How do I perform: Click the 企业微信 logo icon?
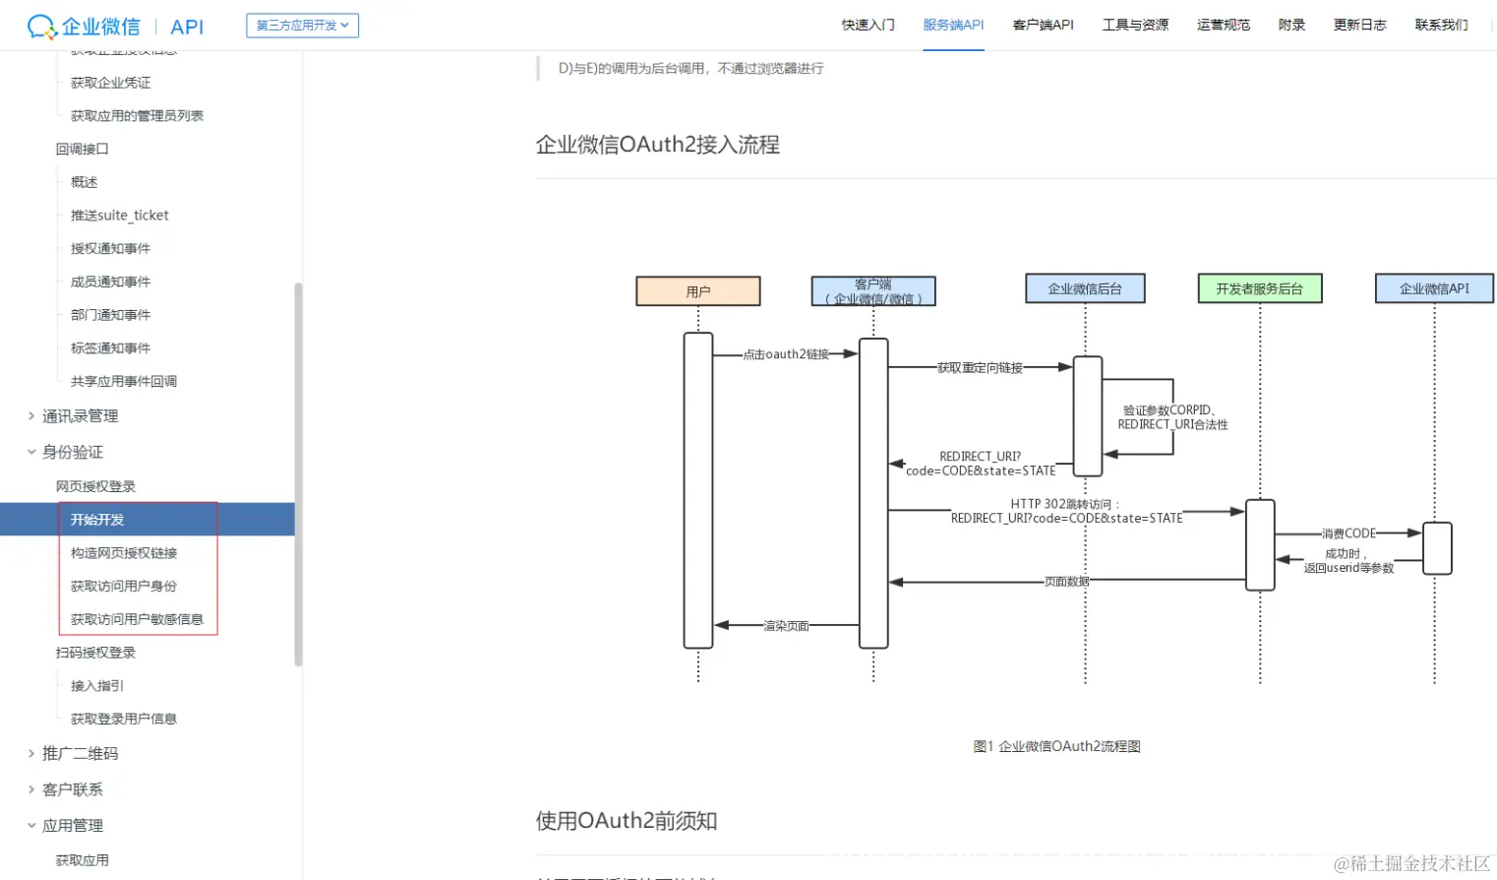click(x=41, y=27)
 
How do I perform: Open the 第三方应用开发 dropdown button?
click(x=302, y=26)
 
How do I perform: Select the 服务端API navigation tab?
click(x=953, y=25)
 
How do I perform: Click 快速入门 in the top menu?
click(x=868, y=25)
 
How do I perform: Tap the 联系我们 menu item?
click(x=1441, y=25)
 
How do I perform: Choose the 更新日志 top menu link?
click(x=1359, y=25)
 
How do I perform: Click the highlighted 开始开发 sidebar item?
click(x=97, y=520)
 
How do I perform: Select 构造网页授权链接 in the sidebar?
click(x=124, y=553)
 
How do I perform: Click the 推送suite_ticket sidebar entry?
click(x=119, y=216)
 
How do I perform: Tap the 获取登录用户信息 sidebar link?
click(x=124, y=719)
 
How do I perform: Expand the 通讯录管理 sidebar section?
click(x=80, y=416)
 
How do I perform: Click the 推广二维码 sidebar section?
click(x=80, y=754)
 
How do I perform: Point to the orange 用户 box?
click(x=698, y=291)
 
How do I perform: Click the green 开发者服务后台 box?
click(x=1259, y=288)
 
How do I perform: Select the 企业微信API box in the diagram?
click(x=1433, y=288)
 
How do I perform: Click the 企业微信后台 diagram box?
click(x=1084, y=288)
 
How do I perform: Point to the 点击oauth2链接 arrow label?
click(x=786, y=354)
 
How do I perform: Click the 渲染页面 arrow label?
click(x=786, y=626)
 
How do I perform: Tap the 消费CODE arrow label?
click(x=1348, y=534)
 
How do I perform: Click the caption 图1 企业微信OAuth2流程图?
click(x=1056, y=746)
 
